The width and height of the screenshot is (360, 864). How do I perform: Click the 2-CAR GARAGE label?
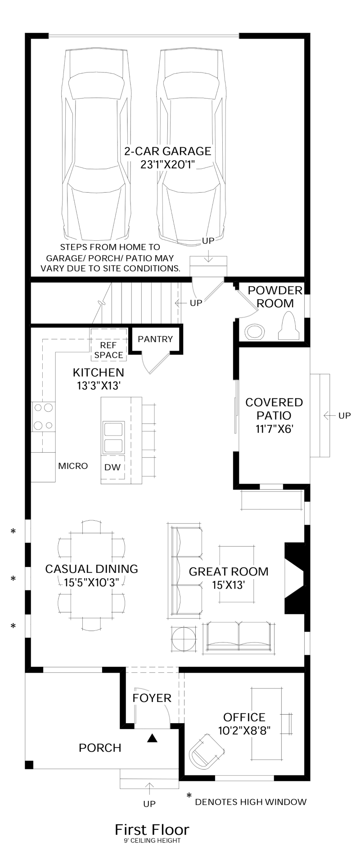[167, 151]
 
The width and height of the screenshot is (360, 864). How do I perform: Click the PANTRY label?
[155, 339]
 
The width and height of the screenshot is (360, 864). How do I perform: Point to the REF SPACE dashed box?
[108, 345]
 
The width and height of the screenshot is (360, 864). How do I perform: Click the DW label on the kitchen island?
[112, 467]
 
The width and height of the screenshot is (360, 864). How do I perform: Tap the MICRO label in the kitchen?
[73, 466]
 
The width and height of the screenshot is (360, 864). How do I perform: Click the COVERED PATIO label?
[274, 409]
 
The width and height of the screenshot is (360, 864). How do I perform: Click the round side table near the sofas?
[183, 639]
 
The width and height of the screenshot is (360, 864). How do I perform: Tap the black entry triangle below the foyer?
[153, 738]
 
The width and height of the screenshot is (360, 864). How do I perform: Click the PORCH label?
[100, 747]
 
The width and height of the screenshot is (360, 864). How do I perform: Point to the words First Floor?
[152, 829]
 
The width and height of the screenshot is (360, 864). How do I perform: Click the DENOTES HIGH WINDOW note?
[251, 801]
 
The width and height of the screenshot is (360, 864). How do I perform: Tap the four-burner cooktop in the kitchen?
[43, 416]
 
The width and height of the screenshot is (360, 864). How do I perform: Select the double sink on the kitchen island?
[112, 437]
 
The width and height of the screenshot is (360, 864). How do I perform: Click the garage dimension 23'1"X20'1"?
[167, 165]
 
